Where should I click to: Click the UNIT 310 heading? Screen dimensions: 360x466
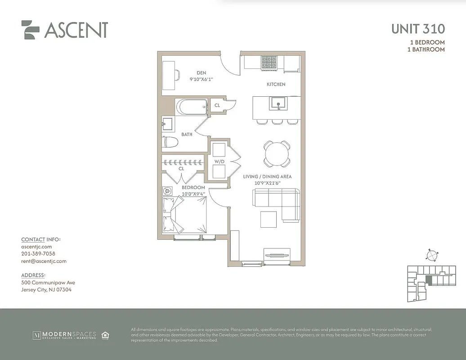point(418,29)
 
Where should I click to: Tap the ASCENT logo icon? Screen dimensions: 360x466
point(31,30)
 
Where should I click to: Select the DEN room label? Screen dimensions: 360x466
point(201,72)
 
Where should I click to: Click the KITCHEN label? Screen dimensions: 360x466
point(276,84)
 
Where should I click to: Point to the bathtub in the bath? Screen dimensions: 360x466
point(191,107)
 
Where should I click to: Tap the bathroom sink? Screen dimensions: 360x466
point(168,123)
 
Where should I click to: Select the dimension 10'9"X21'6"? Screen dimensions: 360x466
point(267,183)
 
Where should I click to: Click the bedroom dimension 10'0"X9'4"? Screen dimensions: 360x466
point(193,194)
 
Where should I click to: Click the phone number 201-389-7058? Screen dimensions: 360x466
point(38,254)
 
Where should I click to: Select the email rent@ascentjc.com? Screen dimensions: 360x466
point(44,261)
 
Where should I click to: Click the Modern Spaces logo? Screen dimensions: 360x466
point(64,335)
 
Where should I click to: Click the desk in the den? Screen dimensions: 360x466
point(169,75)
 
